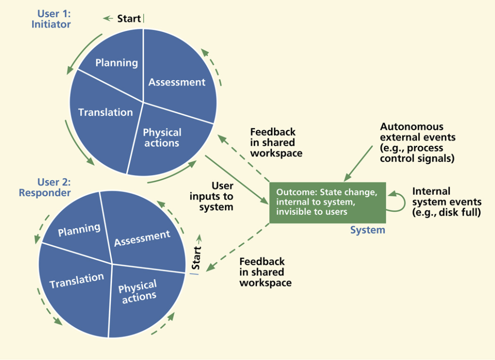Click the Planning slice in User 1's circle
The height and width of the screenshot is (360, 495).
[116, 62]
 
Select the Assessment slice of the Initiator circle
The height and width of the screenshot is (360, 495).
[177, 82]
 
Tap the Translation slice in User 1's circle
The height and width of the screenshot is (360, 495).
[106, 112]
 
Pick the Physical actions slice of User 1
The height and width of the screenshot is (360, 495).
[162, 138]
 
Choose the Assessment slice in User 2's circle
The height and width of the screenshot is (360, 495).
[142, 238]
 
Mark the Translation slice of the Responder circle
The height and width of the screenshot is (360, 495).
[77, 280]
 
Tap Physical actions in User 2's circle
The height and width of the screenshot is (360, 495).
[138, 292]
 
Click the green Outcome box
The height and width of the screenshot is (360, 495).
[327, 202]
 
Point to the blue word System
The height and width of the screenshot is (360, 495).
[367, 230]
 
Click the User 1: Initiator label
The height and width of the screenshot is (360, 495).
[51, 19]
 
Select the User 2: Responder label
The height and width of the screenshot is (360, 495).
[44, 187]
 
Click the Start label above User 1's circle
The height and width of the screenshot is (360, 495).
[129, 19]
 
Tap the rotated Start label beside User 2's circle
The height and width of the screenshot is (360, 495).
[196, 258]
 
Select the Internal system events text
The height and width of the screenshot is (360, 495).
[447, 202]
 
